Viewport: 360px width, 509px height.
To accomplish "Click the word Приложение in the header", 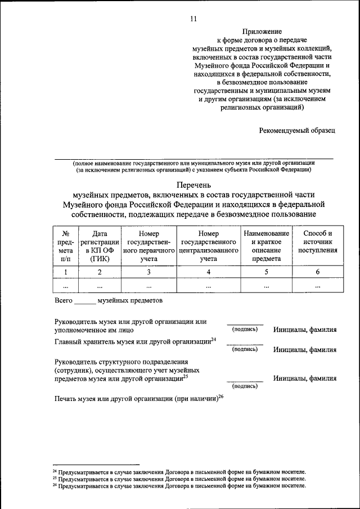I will pyautogui.click(x=263, y=31).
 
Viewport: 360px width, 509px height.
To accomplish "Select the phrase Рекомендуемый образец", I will pyautogui.click(x=296, y=130).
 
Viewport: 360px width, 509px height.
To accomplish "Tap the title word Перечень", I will pyautogui.click(x=193, y=184).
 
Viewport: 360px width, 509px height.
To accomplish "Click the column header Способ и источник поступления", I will pyautogui.click(x=317, y=242).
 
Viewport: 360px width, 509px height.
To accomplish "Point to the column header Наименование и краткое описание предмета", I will pyautogui.click(x=266, y=246).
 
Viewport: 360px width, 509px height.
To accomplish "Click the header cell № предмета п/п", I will pyautogui.click(x=66, y=246).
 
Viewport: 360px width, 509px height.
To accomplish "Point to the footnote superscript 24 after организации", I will pyautogui.click(x=214, y=339).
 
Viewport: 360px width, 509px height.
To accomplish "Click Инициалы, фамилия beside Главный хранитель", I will pyautogui.click(x=305, y=349).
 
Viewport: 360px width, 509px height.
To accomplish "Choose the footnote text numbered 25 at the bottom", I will pyautogui.click(x=180, y=478).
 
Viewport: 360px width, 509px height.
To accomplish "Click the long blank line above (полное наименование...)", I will pyautogui.click(x=193, y=159).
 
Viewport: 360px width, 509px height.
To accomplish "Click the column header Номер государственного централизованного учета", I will pyautogui.click(x=208, y=246).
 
